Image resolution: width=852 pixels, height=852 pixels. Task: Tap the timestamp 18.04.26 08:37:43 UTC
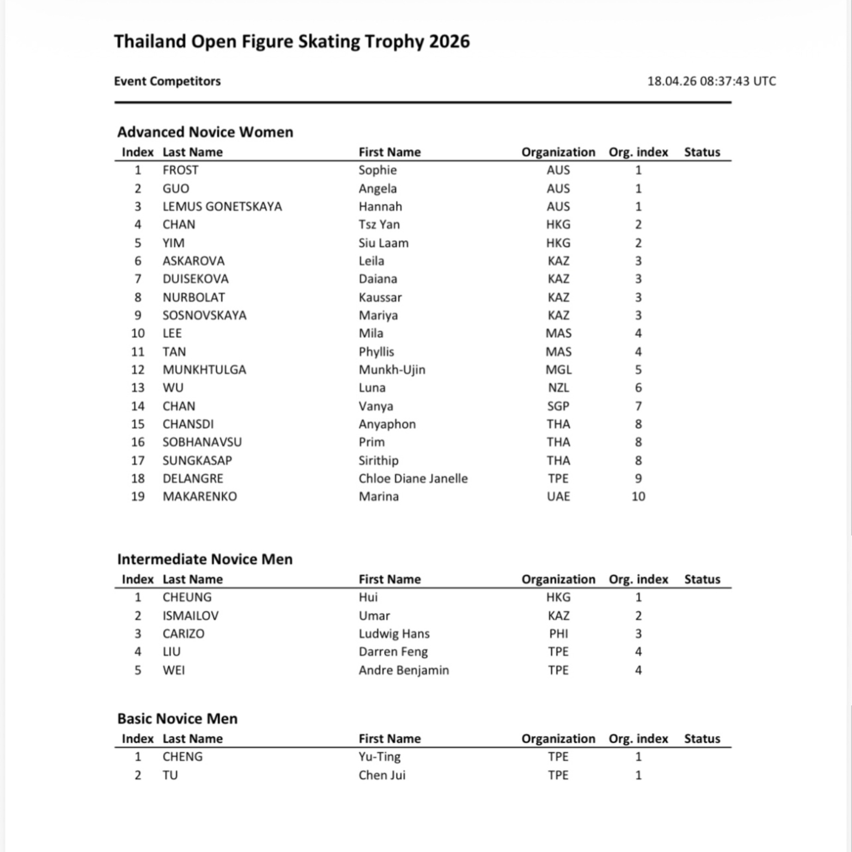(711, 81)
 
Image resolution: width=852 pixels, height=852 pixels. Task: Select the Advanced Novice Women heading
(205, 132)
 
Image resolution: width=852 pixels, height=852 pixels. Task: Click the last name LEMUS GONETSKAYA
(222, 207)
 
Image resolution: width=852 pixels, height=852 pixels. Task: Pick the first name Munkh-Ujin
(392, 370)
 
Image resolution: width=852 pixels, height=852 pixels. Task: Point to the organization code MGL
(558, 370)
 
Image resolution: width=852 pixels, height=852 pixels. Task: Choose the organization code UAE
(558, 497)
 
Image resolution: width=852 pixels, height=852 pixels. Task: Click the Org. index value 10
(638, 497)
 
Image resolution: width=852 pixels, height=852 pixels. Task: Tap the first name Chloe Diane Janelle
(413, 479)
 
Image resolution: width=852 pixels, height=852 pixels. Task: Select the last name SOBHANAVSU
(202, 442)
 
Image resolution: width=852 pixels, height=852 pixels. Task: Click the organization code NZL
(558, 388)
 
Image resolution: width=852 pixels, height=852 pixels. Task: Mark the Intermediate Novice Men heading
(205, 559)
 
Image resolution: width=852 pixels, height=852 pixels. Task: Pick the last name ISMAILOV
(190, 616)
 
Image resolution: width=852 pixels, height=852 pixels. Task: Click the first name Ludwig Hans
(394, 634)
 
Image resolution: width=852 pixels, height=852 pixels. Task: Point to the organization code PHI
(558, 634)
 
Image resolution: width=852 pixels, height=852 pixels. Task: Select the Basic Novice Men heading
(177, 719)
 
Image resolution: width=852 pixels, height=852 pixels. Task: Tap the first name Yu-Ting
(379, 757)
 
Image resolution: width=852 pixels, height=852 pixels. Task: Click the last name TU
(170, 775)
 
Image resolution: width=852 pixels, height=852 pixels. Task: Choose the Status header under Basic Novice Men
(702, 739)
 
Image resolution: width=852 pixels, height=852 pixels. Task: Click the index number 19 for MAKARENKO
(138, 497)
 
